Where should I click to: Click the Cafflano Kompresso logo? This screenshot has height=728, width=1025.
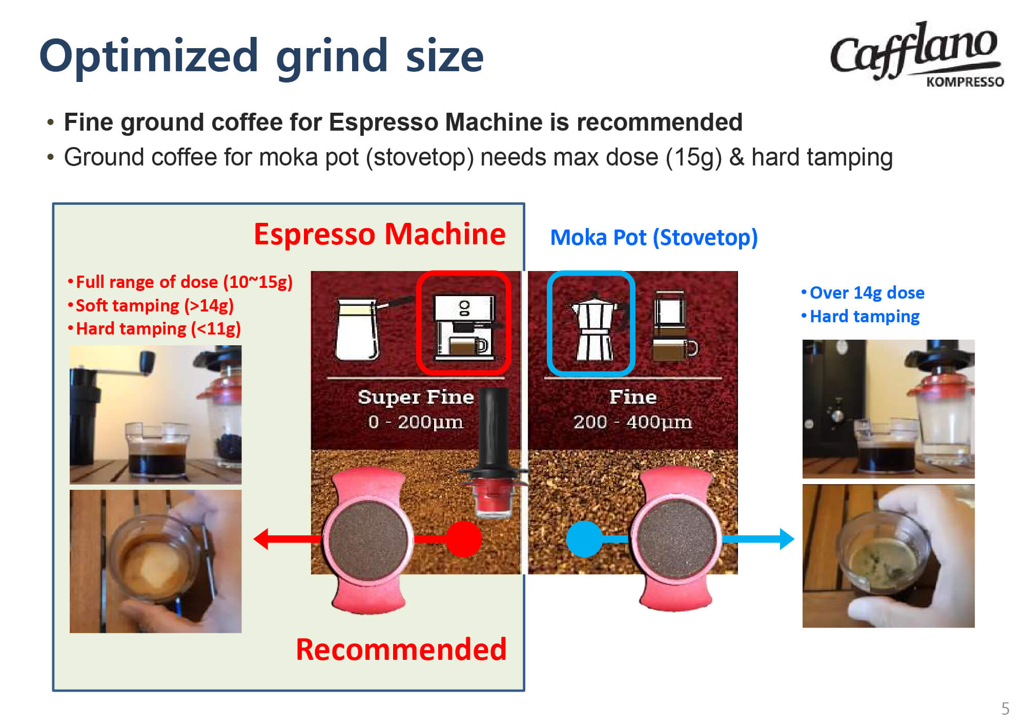tap(916, 54)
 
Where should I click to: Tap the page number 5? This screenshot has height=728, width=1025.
tap(1005, 709)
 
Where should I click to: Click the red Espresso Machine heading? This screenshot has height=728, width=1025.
tap(380, 234)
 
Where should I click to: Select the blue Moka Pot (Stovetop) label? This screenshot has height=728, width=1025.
tap(654, 238)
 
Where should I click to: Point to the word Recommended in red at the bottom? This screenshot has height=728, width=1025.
tap(401, 650)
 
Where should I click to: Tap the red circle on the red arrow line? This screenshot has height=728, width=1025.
tap(464, 539)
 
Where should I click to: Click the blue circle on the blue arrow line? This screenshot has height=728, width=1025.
tap(584, 539)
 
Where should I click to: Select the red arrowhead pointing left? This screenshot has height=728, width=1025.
tap(261, 539)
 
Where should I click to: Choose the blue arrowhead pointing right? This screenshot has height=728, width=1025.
tap(787, 539)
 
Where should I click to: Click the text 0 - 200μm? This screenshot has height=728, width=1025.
tap(416, 422)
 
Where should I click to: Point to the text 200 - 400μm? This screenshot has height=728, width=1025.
tap(632, 422)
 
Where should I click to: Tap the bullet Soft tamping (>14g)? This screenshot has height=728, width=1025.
tap(151, 306)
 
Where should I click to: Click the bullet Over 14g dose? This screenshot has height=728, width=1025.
tap(863, 293)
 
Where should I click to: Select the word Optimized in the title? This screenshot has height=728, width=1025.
tap(149, 57)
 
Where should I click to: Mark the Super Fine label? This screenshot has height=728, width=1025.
tap(416, 397)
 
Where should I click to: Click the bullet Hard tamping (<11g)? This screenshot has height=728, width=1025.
tap(154, 329)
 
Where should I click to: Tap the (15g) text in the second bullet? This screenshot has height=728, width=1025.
tap(693, 157)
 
